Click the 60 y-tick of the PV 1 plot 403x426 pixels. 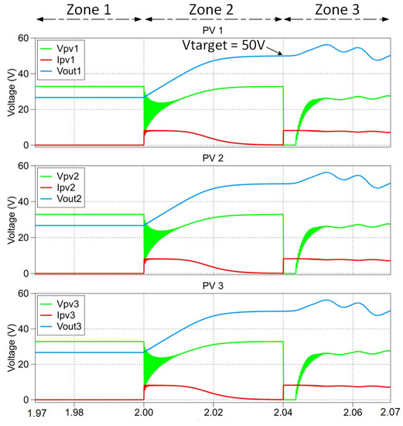click(x=23, y=39)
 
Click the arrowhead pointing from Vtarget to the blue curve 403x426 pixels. click(x=282, y=54)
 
